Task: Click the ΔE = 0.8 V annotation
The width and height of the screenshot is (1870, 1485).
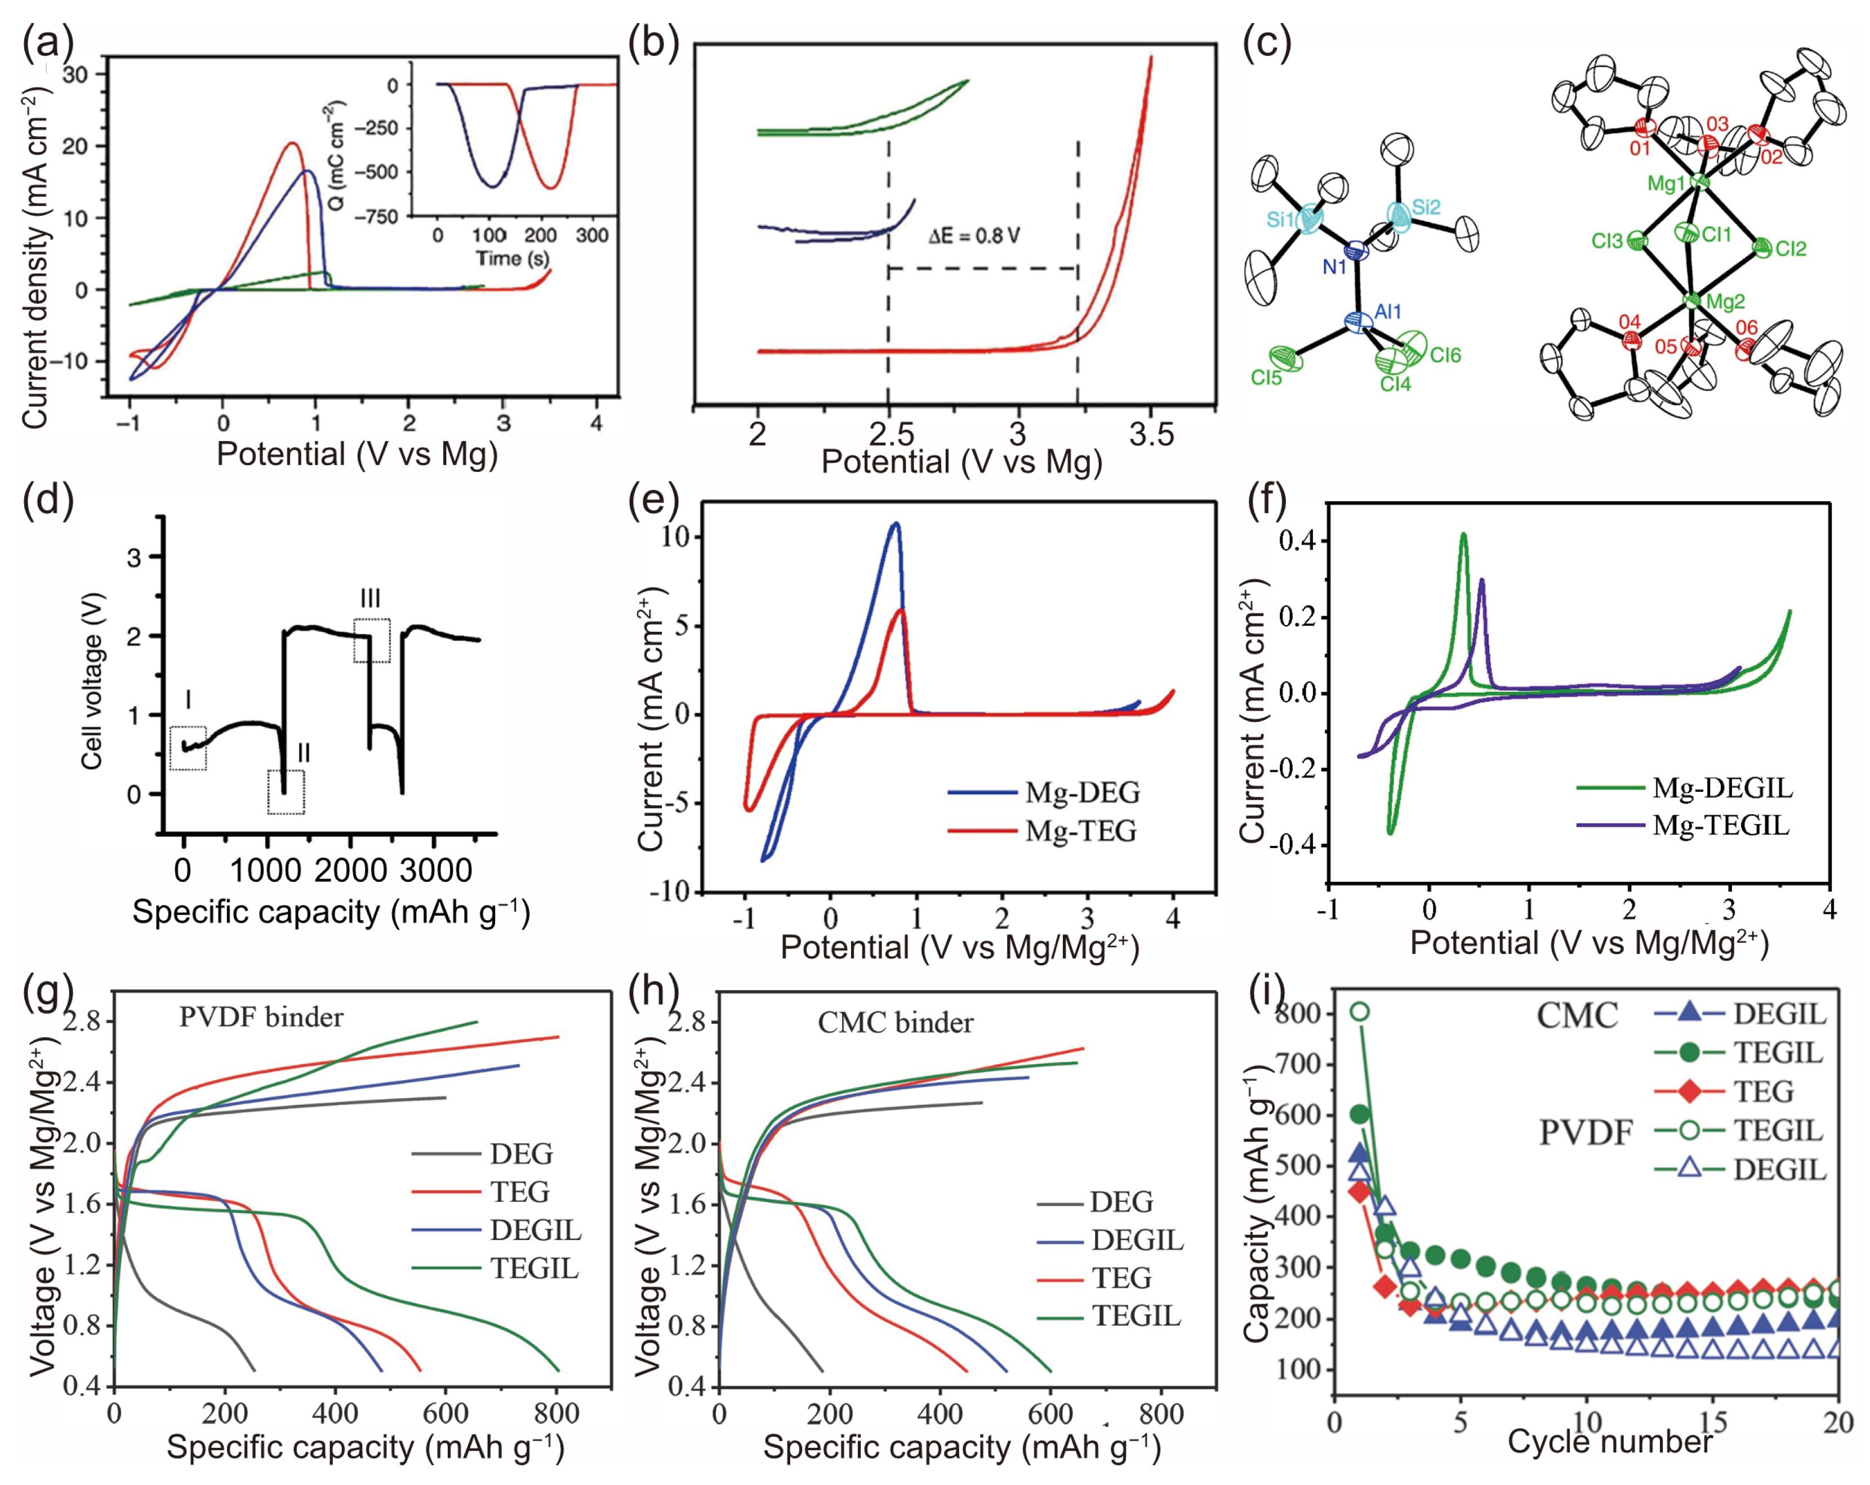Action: click(973, 236)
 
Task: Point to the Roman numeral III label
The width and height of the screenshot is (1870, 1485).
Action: click(371, 599)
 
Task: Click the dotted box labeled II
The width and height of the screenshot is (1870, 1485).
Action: click(286, 791)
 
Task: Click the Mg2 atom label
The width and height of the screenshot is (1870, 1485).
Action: click(1725, 302)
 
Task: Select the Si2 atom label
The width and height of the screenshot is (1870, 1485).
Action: click(1426, 207)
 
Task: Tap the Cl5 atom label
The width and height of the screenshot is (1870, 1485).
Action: click(1266, 378)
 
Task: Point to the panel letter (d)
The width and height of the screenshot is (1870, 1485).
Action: click(48, 501)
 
